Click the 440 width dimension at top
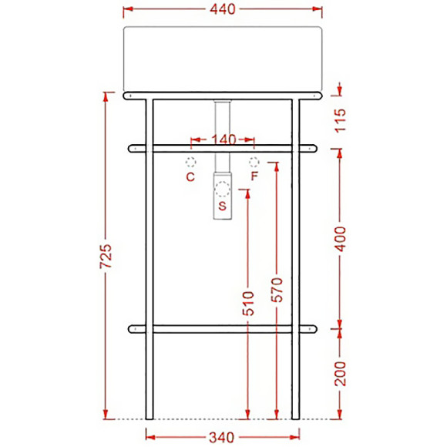pyautogui.click(x=222, y=9)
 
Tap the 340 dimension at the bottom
pyautogui.click(x=221, y=437)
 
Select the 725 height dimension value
pyautogui.click(x=107, y=257)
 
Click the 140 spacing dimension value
pyautogui.click(x=222, y=140)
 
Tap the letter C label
pyautogui.click(x=190, y=176)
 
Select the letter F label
pyautogui.click(x=254, y=176)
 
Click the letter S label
pyautogui.click(x=222, y=206)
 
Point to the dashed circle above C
pyautogui.click(x=190, y=162)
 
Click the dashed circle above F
pyautogui.click(x=254, y=162)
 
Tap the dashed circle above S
pyautogui.click(x=222, y=187)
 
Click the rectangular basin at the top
pyautogui.click(x=222, y=58)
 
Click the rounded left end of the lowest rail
pyautogui.click(x=134, y=329)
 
